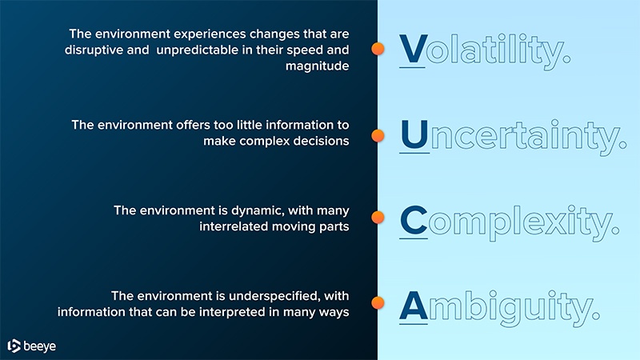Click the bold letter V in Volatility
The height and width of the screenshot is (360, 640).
pos(414,50)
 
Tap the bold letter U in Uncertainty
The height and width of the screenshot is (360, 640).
pos(414,135)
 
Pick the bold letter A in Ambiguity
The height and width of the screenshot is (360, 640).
pos(414,304)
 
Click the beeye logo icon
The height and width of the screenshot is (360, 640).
pos(14,346)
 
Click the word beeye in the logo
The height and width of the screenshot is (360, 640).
pos(41,346)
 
